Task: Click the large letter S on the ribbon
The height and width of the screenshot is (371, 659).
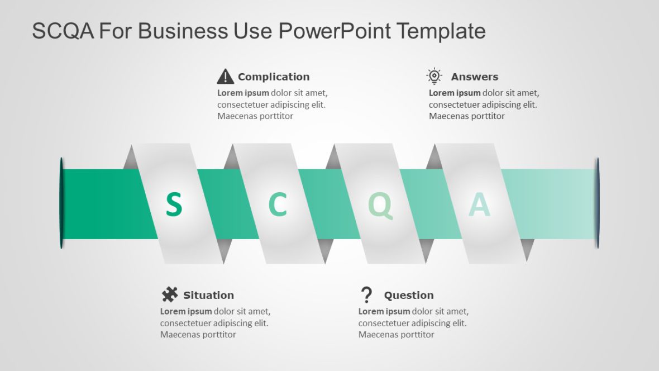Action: pos(174,204)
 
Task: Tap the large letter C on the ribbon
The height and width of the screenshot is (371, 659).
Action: pos(278,204)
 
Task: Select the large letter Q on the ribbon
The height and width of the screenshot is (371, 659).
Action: pos(380,205)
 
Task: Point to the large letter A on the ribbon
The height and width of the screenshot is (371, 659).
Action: pos(479,205)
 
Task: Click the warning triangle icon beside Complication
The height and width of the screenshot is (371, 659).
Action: pos(225,76)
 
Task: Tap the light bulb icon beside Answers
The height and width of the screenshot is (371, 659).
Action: pos(434,76)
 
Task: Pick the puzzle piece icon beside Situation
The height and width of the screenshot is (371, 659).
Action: pos(170,294)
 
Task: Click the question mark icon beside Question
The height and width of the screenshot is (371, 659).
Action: pos(366,294)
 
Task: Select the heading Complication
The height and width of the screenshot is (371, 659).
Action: pos(274,77)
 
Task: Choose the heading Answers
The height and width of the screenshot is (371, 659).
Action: pos(475,77)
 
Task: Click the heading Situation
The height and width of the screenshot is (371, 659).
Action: pos(208,295)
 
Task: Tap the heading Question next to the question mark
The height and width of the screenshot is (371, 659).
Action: pos(409,295)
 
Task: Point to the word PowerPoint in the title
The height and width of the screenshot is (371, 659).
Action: pos(335,31)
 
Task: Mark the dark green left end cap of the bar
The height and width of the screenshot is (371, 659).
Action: pos(61,203)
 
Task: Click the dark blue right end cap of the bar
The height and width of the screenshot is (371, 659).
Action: pos(597,203)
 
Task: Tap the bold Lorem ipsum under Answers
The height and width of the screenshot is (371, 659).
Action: pos(455,93)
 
